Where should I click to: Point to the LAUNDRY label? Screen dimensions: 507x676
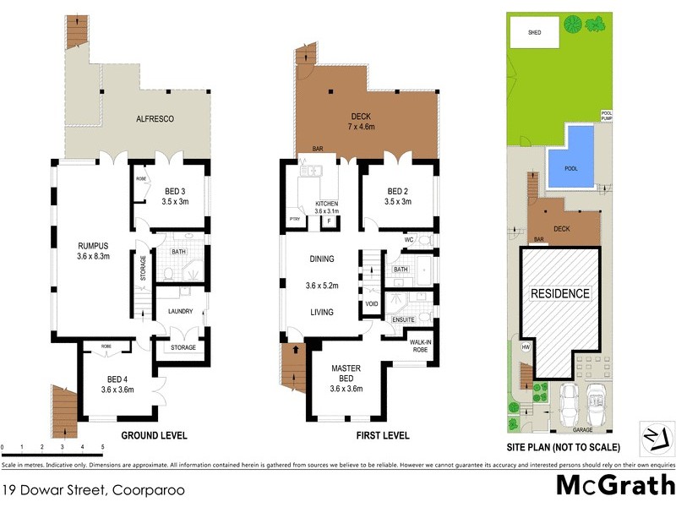[180, 311]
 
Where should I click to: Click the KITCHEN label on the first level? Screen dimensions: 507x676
[326, 204]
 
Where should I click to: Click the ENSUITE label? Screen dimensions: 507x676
[403, 320]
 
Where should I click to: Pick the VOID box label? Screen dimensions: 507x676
[371, 303]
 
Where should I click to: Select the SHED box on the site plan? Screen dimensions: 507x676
[535, 33]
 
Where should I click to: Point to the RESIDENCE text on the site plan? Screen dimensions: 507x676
[559, 294]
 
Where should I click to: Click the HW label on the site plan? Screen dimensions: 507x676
[526, 346]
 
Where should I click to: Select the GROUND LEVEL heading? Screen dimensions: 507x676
[154, 435]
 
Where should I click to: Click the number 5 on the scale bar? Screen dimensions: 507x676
[102, 445]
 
